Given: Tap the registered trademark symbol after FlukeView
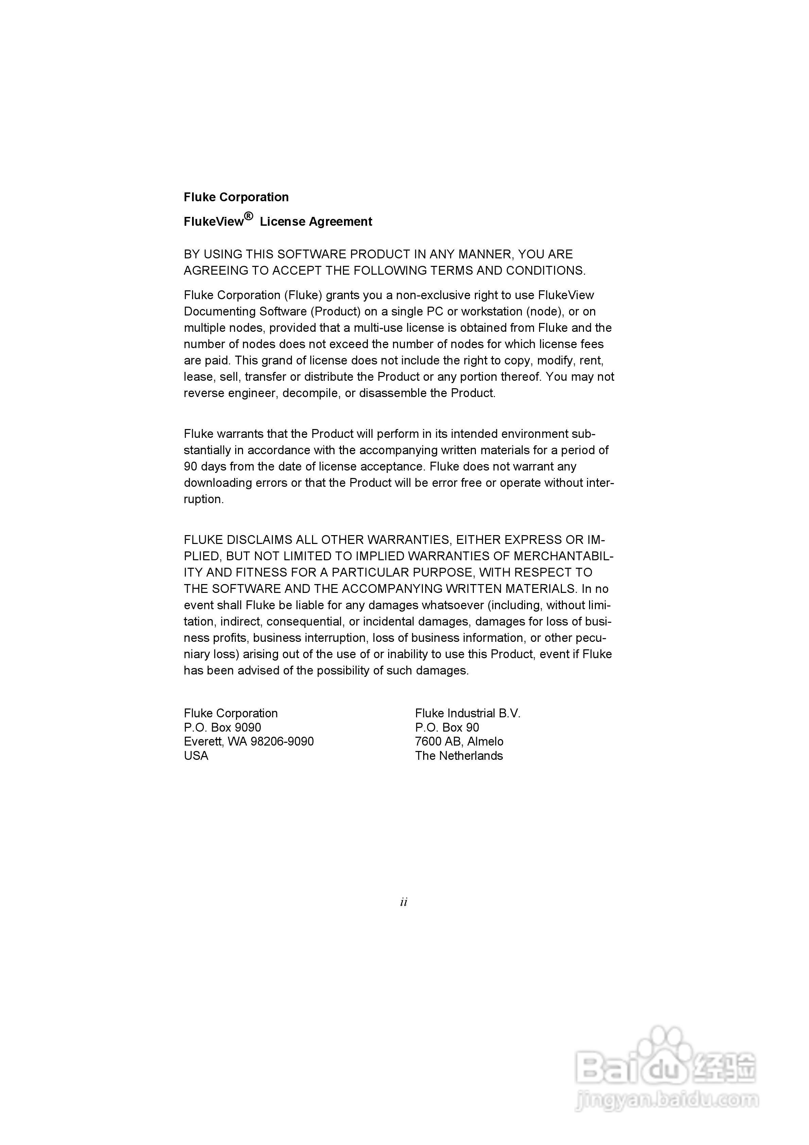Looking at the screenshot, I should coord(248,216).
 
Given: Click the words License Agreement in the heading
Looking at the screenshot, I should coord(316,222).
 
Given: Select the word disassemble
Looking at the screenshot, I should coord(394,393).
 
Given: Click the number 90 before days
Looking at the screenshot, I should coord(191,467).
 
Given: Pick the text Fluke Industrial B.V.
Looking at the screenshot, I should coord(467,714).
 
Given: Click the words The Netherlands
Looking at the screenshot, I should coord(458,756).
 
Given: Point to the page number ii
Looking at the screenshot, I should coord(403,902).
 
